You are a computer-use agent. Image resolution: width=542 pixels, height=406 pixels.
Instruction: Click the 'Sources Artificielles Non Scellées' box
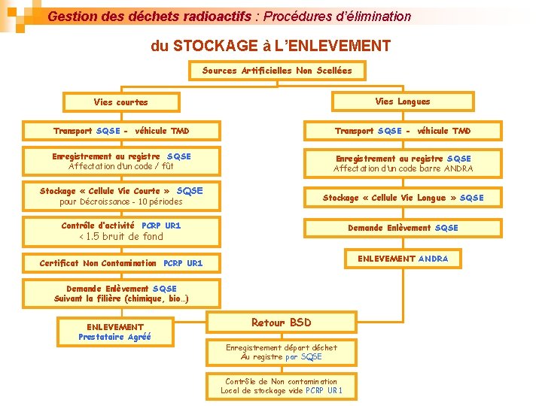coord(276,71)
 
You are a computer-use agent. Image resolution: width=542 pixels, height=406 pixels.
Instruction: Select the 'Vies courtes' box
coord(120,101)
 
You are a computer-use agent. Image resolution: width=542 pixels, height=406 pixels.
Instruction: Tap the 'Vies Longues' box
coord(403,101)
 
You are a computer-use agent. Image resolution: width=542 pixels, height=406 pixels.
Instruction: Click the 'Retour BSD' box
coord(281,323)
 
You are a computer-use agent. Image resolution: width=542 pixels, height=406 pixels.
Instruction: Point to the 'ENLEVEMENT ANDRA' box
coord(402,259)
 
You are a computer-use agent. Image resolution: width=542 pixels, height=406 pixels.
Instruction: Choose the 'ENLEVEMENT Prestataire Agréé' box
coord(115,332)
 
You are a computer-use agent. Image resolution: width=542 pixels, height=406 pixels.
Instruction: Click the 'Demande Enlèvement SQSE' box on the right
coord(402,228)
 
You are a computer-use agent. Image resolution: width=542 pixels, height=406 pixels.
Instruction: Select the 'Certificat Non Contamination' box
coord(120,263)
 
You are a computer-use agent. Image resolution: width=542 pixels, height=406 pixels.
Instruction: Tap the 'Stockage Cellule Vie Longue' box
coord(402,198)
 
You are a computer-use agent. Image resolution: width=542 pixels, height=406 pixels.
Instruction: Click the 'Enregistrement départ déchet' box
coord(281,352)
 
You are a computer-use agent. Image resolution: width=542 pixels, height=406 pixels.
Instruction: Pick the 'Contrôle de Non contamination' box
coord(281,386)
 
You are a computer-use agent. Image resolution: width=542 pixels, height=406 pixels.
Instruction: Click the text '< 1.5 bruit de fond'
coord(121,237)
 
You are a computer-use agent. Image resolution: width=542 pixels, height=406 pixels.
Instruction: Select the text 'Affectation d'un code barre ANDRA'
coord(403,169)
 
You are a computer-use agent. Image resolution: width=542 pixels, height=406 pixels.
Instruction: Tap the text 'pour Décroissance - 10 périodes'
coord(121,201)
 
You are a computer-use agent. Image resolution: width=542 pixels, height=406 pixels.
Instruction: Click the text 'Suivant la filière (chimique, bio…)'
coord(121,298)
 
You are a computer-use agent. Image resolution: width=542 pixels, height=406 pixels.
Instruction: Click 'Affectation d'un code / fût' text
coord(121,166)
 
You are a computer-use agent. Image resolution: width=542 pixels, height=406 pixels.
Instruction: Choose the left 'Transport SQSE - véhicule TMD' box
coord(121,131)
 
